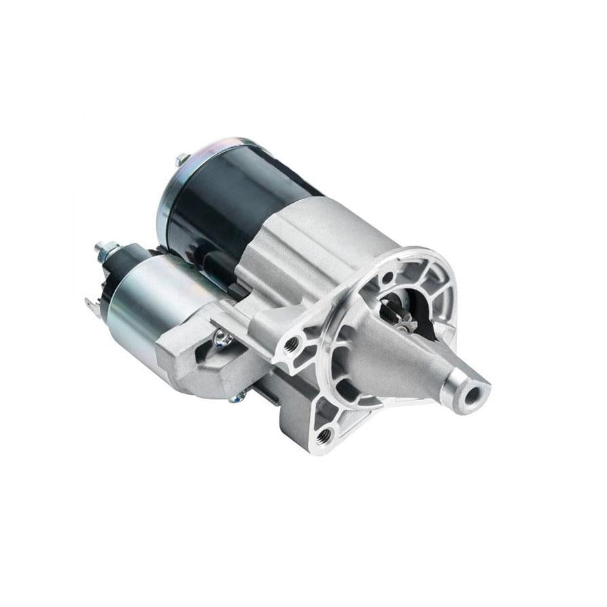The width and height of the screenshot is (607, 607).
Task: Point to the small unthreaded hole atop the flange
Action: [387, 277]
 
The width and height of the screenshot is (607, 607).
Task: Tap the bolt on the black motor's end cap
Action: [182, 160]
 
